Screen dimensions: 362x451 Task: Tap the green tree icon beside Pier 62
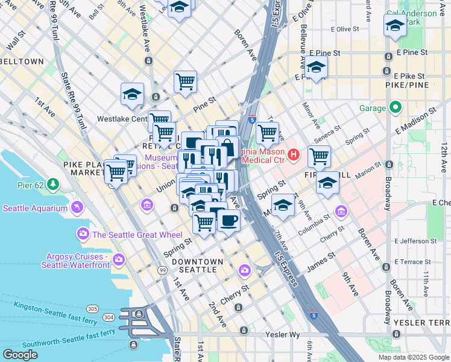(54, 183)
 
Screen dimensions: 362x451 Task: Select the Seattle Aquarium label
(35, 209)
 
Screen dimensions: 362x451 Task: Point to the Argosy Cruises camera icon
(119, 259)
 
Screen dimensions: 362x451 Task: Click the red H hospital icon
(294, 156)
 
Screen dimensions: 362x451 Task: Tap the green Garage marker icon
(395, 109)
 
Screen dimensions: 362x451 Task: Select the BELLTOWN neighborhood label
(22, 62)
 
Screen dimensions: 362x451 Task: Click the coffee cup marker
(229, 220)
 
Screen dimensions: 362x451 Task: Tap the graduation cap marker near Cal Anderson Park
(395, 25)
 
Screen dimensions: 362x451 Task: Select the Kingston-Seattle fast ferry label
(55, 309)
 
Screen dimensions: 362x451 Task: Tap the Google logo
(20, 355)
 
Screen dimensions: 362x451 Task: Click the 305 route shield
(92, 308)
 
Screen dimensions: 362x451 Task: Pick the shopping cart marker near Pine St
(185, 81)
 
